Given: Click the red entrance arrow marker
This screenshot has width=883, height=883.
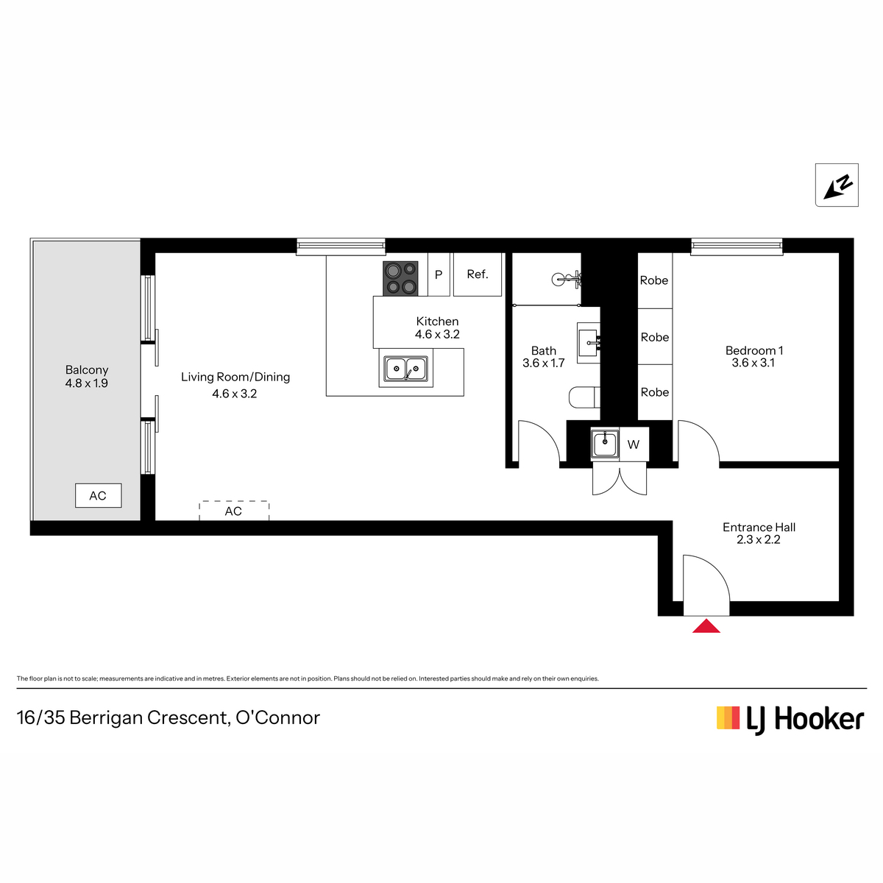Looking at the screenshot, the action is coord(706,626).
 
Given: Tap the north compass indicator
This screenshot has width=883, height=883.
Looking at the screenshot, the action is coord(836,185).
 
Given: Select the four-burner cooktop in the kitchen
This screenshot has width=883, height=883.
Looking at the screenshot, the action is coord(400,278).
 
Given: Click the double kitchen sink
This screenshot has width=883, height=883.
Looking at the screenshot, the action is coord(405,369).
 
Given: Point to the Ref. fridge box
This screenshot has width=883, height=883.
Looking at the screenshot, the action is coord(478,274).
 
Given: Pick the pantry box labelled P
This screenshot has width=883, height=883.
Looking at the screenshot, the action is coord(439,274).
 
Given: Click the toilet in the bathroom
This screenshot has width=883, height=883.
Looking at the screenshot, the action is coord(584,397).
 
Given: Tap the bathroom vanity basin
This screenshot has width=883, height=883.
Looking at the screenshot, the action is coord(589,343).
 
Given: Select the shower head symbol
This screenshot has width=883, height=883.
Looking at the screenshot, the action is coord(567,279).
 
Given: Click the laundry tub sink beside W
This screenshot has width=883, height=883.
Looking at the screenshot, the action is coord(605,444).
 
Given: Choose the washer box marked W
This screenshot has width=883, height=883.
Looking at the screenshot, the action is coord(634,444).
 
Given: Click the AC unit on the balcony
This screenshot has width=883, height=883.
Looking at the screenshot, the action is coord(98,495).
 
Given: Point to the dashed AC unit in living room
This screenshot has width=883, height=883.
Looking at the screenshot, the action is coord(234,511).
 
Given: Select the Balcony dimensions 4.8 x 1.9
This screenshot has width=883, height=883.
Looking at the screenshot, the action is coord(87,383).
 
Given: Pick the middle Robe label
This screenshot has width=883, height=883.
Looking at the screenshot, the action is coord(654,337).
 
